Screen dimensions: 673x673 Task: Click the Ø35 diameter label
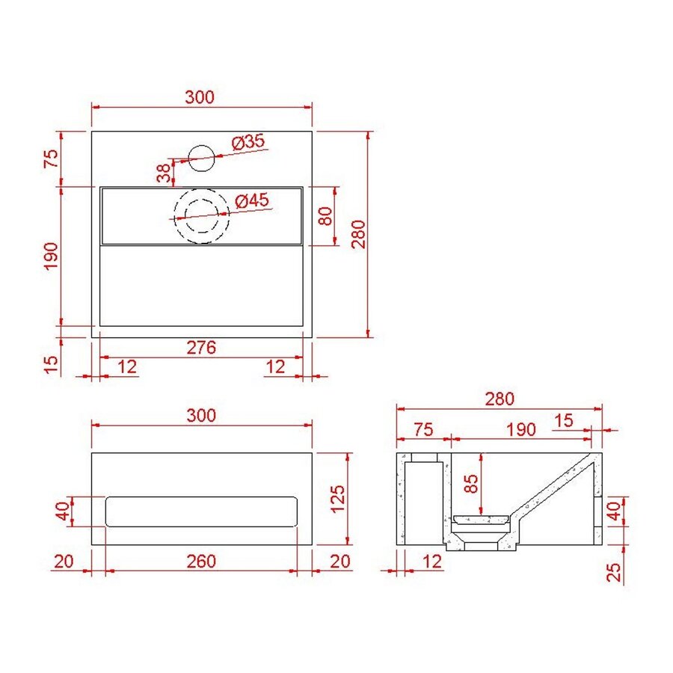click(248, 141)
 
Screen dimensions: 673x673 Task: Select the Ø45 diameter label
click(251, 201)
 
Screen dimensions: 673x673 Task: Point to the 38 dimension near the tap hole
click(163, 173)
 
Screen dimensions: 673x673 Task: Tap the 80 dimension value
click(325, 216)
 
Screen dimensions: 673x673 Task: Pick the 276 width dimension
click(201, 348)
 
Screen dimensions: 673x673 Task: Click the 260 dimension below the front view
click(201, 562)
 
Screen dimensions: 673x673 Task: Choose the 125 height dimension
click(337, 498)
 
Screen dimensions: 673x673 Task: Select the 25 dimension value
click(613, 572)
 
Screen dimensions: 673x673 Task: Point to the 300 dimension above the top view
click(200, 96)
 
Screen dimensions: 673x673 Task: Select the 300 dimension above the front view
click(200, 416)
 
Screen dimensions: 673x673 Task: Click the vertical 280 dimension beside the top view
click(357, 233)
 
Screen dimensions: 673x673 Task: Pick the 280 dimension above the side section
click(499, 399)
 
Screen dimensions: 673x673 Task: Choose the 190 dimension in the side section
click(520, 430)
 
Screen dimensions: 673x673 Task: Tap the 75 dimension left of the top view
click(51, 159)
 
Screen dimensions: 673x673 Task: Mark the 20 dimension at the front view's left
click(63, 562)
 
